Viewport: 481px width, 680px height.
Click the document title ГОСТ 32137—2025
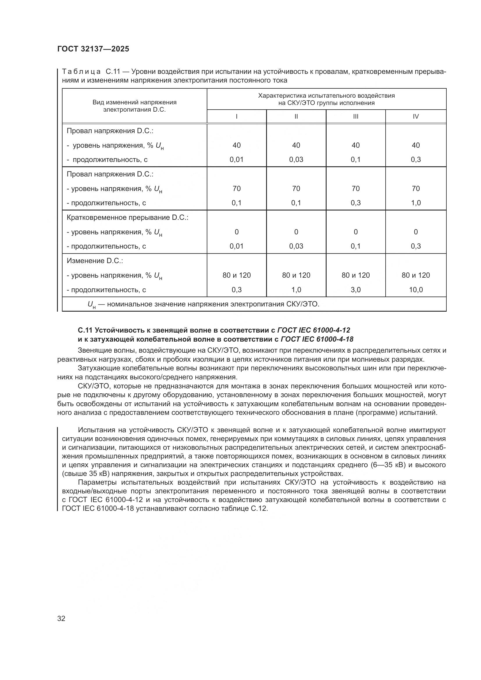point(93,49)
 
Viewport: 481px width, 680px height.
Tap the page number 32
point(61,618)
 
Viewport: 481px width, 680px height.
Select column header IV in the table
point(416,116)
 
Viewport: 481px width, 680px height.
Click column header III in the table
point(355,116)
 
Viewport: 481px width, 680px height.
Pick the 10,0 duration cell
point(416,290)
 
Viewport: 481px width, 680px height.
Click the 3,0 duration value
point(355,290)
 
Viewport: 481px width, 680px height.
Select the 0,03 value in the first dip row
point(296,160)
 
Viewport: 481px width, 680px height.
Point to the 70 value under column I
point(236,188)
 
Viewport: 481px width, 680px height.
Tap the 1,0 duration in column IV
point(416,203)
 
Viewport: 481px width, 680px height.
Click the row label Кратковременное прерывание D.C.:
point(127,217)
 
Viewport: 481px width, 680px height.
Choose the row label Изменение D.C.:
point(95,261)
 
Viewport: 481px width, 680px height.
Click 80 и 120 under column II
point(296,275)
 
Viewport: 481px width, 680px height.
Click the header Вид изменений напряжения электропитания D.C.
point(134,106)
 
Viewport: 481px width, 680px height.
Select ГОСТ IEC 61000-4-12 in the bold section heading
point(314,330)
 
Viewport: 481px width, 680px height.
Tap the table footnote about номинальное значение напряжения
point(204,304)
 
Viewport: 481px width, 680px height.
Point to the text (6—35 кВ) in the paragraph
point(388,465)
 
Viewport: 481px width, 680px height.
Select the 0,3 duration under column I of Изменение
point(236,290)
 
